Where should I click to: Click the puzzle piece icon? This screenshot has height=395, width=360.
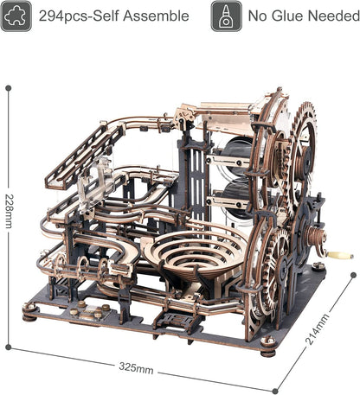click(16, 16)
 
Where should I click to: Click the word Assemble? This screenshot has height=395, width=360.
click(159, 16)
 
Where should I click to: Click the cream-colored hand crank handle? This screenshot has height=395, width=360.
click(340, 255)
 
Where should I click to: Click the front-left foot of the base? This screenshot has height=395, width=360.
click(30, 315)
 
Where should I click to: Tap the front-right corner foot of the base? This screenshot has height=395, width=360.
click(268, 350)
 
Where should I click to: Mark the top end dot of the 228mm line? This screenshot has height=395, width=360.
click(9, 88)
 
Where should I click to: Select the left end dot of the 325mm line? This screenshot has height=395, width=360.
click(12, 348)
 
